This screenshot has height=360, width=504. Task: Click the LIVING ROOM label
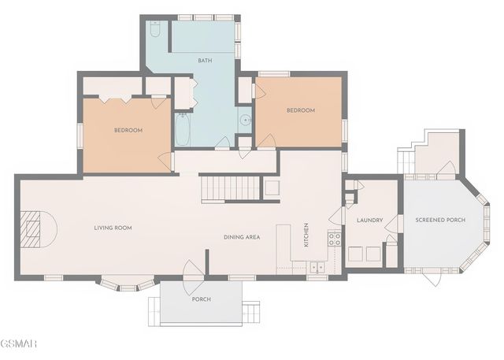[113, 228]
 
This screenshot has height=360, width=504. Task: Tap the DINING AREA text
[242, 237]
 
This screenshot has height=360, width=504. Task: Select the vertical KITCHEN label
[306, 235]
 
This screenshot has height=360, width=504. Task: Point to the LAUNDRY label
[369, 221]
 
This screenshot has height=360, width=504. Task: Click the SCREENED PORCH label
[440, 220]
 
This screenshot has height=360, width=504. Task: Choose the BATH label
[205, 61]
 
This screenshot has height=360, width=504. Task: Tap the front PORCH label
[202, 299]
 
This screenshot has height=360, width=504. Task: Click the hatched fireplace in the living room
[31, 229]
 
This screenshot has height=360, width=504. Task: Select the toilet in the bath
[155, 29]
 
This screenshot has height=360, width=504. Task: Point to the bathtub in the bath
[182, 129]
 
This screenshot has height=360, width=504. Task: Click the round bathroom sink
[246, 120]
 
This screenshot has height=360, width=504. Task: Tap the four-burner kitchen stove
[334, 239]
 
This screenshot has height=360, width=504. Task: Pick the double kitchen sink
[317, 267]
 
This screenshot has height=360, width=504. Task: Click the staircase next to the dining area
[230, 187]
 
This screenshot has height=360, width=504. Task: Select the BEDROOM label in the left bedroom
[128, 130]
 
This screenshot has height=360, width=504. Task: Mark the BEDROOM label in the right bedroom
[301, 110]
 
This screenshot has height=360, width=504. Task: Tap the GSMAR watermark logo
[19, 343]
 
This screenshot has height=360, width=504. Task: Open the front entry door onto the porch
[193, 276]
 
